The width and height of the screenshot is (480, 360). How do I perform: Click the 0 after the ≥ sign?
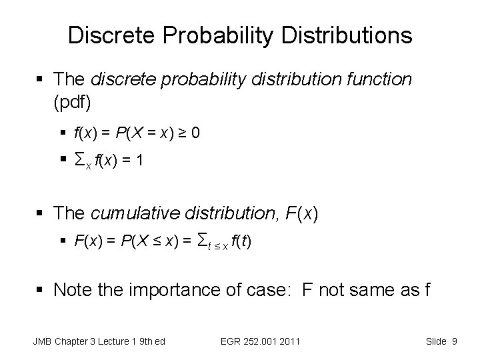click(x=195, y=133)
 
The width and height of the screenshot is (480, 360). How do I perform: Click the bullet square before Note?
click(x=42, y=291)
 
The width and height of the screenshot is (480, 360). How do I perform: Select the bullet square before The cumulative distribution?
click(x=42, y=213)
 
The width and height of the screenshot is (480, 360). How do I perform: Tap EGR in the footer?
click(x=231, y=342)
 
